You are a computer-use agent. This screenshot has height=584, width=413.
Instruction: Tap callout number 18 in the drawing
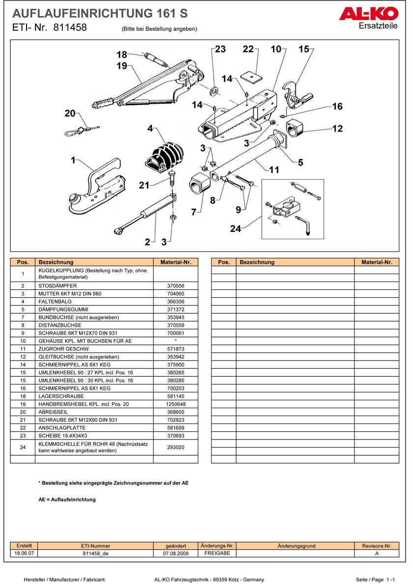[x=121, y=55]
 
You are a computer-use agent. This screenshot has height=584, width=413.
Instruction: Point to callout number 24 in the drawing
[x=236, y=228]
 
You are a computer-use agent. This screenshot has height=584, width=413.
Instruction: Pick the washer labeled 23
[x=215, y=91]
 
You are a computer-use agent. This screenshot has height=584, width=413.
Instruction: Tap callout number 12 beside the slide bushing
[x=337, y=129]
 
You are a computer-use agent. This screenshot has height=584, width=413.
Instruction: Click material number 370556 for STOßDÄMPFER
[x=175, y=286]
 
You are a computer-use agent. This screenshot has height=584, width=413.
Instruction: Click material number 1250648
[x=175, y=404]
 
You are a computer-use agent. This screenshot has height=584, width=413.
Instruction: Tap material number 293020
[x=175, y=447]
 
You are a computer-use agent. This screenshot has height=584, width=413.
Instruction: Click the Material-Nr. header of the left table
[x=175, y=262]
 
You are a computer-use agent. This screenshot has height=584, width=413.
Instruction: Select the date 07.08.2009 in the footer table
[x=176, y=554]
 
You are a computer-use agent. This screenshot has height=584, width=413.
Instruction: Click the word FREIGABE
[x=217, y=554]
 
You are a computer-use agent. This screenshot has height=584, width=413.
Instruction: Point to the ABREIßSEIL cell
[x=54, y=412]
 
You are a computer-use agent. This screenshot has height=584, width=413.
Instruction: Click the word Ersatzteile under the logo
[x=378, y=26]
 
